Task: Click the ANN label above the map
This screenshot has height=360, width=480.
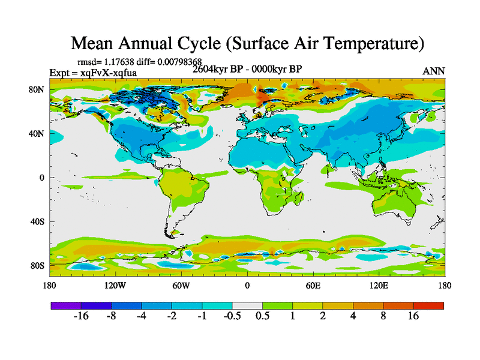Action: coord(434,71)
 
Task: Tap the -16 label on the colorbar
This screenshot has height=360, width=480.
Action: coord(80,317)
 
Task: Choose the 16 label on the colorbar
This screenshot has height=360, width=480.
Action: coord(413,317)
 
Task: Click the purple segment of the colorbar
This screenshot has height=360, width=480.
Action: coord(66,305)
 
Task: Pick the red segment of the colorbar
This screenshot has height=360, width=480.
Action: coord(428,305)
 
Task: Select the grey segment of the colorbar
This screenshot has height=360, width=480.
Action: coord(247,305)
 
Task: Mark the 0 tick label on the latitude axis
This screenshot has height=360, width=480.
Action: coord(42,178)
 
